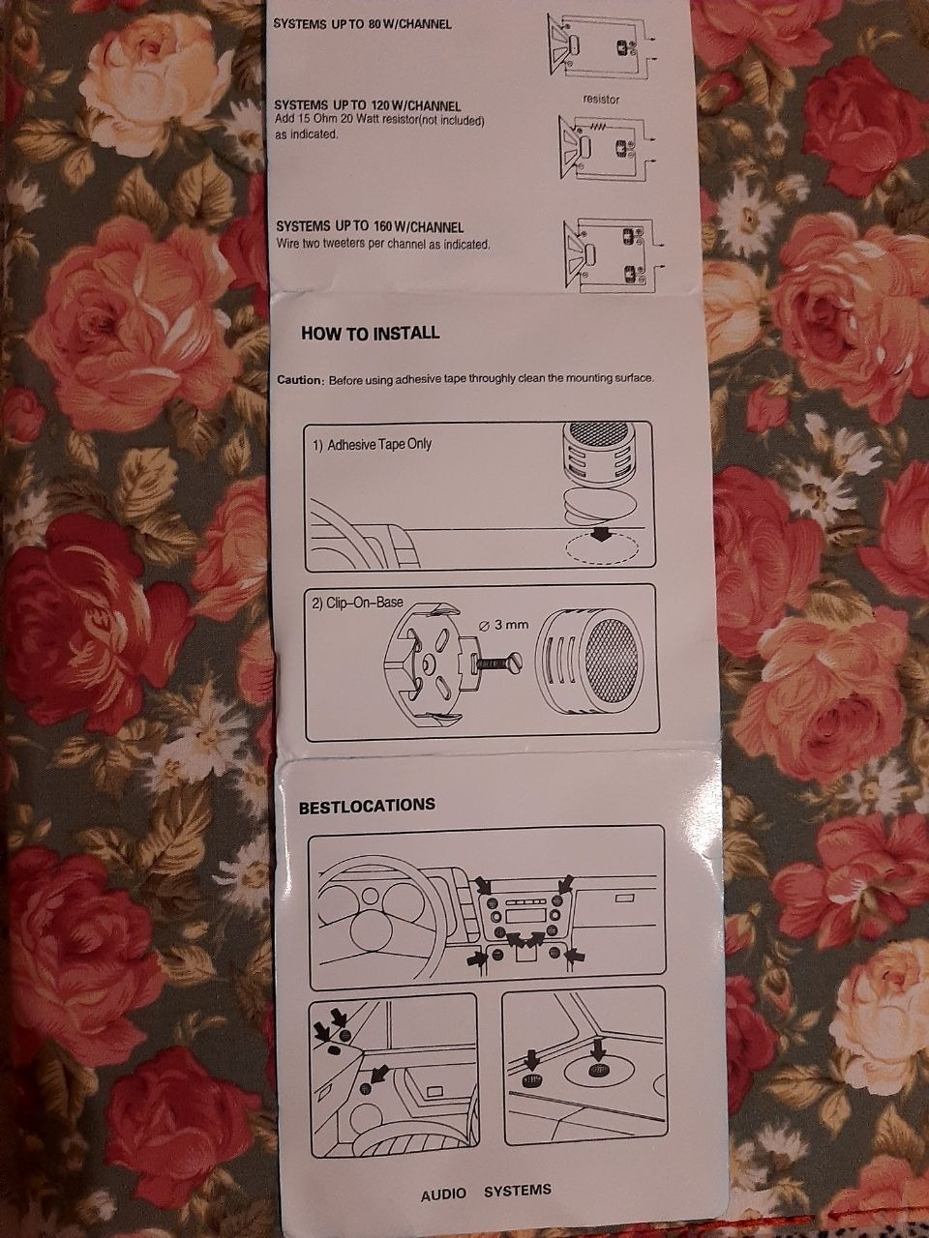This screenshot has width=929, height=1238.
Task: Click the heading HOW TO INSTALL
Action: [x=370, y=333]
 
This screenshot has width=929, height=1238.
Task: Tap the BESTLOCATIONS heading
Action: [x=367, y=805]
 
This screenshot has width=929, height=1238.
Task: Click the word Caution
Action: [x=298, y=380]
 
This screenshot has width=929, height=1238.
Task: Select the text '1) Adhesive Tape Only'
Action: [x=373, y=445]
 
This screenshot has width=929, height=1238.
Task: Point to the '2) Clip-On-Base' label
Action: [x=358, y=603]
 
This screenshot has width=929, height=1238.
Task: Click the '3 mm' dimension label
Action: [x=503, y=625]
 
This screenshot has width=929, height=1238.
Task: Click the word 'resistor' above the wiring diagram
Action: [x=601, y=100]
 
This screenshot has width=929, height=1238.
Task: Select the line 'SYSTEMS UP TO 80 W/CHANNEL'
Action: [x=362, y=24]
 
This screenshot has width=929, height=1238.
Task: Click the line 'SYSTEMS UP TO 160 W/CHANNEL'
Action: [x=370, y=226]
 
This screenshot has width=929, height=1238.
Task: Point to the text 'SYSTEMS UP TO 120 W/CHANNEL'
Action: [x=367, y=105]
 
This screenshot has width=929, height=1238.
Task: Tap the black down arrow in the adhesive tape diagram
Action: [x=601, y=535]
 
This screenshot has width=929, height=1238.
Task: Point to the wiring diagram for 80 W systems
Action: [x=600, y=46]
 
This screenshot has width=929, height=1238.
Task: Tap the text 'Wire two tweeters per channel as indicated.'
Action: [x=383, y=245]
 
